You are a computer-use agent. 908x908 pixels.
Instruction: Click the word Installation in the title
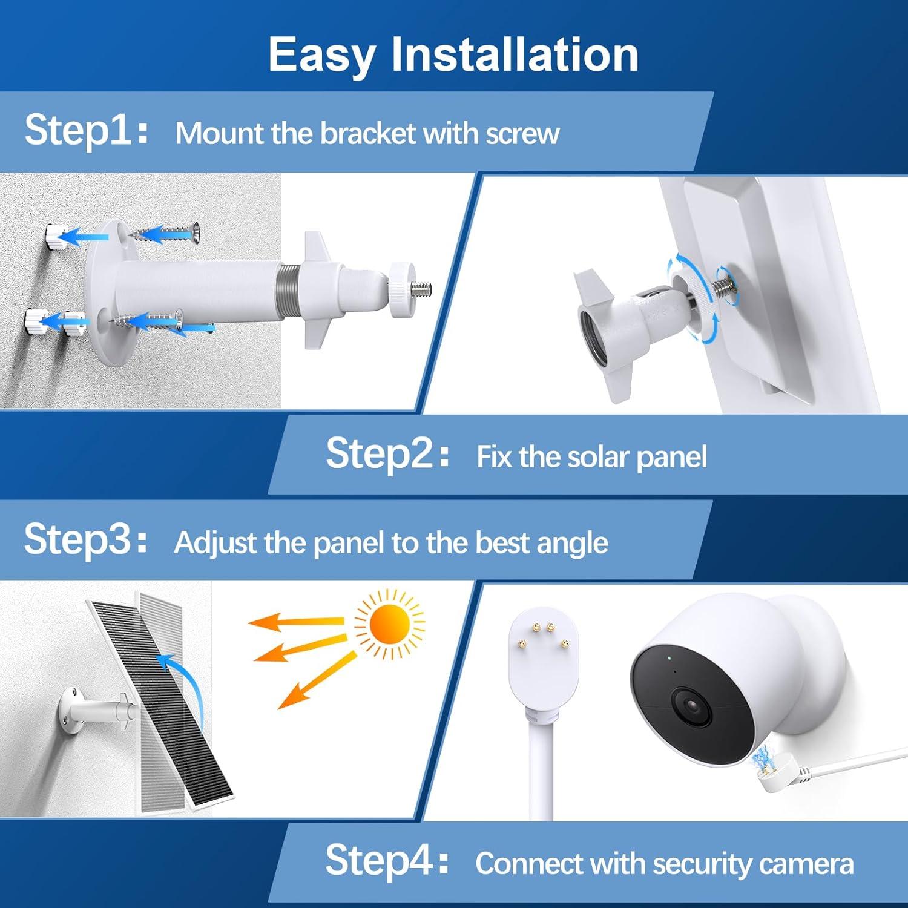coord(515,54)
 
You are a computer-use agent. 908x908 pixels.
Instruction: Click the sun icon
coord(389,625)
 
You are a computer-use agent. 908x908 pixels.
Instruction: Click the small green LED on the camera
coord(669,657)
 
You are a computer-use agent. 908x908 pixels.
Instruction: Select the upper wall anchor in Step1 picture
coord(58,236)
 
